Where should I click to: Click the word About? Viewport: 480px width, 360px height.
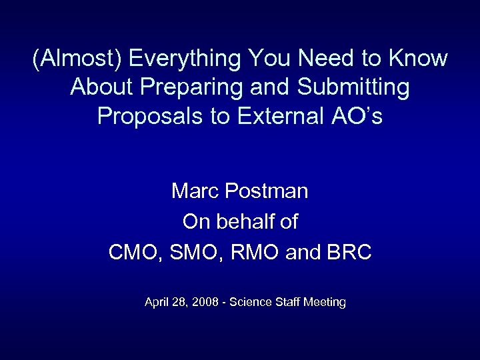pyautogui.click(x=100, y=87)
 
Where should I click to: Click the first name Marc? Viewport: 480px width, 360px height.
pyautogui.click(x=195, y=191)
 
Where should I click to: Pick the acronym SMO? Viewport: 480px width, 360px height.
pyautogui.click(x=190, y=253)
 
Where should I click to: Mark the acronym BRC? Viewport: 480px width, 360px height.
pyautogui.click(x=349, y=253)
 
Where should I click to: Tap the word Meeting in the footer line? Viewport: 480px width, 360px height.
pyautogui.click(x=325, y=303)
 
